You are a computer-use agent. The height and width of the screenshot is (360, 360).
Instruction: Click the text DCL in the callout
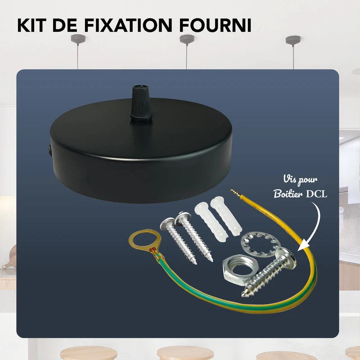(318, 194)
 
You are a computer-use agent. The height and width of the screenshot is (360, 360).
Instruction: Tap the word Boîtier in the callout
(288, 194)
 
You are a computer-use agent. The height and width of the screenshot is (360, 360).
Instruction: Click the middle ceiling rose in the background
(187, 39)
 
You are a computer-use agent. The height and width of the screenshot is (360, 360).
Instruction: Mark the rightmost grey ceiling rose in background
(293, 39)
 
